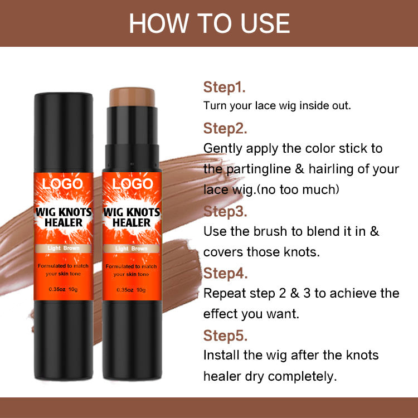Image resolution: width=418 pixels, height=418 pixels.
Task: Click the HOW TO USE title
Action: pos(209,23)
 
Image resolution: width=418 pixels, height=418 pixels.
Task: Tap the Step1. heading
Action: pos(224,87)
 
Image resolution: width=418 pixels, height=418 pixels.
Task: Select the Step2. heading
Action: pos(225,128)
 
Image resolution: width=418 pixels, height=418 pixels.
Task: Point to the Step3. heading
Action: pos(225,211)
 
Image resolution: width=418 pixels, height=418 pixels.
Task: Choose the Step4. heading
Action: pos(225,273)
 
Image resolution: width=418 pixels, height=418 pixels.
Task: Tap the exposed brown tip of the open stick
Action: pos(132,97)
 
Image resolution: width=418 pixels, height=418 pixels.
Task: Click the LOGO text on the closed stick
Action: pos(62,184)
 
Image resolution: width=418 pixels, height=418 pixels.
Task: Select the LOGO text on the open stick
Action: pos(133,184)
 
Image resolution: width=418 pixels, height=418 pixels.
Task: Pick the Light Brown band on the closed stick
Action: pos(63,248)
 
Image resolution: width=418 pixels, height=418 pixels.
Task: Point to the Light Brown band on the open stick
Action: pos(132,249)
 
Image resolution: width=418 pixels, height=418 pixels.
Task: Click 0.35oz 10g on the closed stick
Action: pos(63,289)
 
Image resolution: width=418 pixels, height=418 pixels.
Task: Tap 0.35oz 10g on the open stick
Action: pos(131,290)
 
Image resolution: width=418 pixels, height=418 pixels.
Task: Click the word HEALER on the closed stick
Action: pos(64,222)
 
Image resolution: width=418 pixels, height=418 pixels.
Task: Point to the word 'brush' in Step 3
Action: pos(270,231)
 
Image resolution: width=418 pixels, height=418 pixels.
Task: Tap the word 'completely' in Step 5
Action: pos(302,377)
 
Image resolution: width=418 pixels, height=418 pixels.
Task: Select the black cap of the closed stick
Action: pos(64,133)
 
